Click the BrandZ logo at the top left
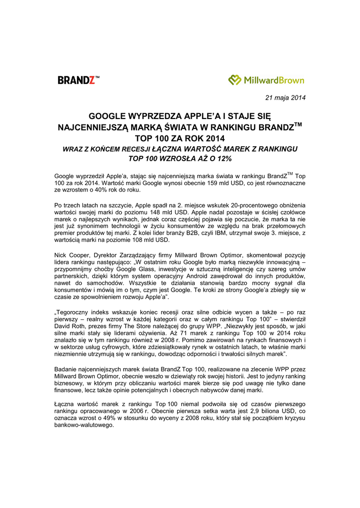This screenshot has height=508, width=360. tap(78, 80)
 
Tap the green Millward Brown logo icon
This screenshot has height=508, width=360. tap(235, 80)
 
